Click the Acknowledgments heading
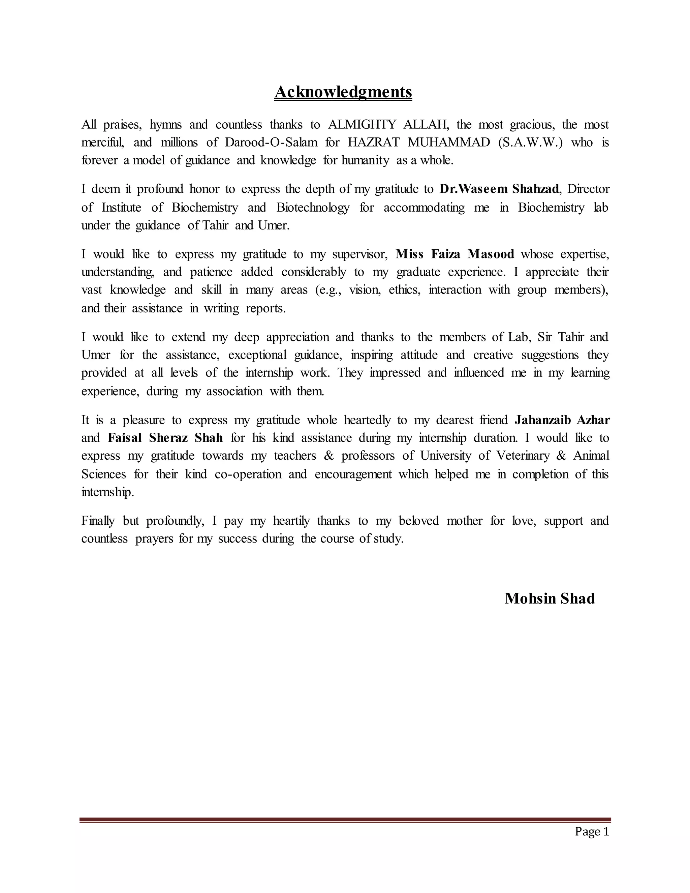(343, 92)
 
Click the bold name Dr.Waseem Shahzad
(499, 189)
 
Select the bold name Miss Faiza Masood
(454, 254)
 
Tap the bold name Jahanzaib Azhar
(562, 420)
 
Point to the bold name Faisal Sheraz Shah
(165, 438)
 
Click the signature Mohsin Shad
(550, 598)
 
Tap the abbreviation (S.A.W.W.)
(531, 142)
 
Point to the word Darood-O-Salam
(271, 142)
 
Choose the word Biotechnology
(313, 208)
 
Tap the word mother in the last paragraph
(464, 521)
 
